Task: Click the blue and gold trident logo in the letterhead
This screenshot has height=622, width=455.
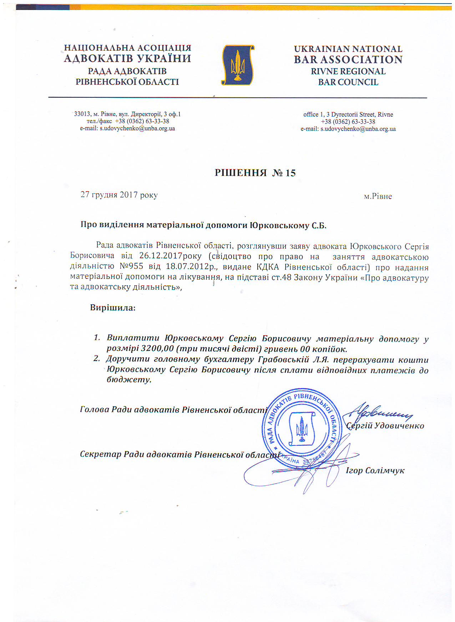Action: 238,65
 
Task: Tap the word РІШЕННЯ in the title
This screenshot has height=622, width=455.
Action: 241,173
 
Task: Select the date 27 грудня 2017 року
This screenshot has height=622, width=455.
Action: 119,195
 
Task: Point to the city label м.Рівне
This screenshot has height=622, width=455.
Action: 378,196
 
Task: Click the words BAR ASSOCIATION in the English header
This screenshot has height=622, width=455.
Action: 348,60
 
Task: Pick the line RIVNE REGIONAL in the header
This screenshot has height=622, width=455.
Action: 348,71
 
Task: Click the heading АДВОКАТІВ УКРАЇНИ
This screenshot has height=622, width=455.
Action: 127,58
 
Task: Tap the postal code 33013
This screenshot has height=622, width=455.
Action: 82,114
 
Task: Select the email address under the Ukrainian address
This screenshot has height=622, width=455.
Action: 137,128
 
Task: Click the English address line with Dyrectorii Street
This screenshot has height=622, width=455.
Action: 348,114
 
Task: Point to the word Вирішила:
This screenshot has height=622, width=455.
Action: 113,307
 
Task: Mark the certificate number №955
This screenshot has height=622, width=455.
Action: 131,266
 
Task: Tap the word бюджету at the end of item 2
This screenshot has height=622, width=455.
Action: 128,379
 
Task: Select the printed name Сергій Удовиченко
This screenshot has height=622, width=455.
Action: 385,426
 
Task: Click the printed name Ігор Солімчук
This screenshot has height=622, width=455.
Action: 375,471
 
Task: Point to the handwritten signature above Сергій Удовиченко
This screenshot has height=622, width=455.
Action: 378,413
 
